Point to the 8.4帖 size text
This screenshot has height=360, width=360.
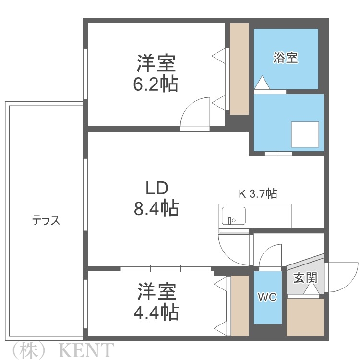156,209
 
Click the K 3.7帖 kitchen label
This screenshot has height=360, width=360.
258,193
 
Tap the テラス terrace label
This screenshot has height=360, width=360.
46,220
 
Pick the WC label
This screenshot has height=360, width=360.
267,297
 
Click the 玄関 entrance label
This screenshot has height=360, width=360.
305,278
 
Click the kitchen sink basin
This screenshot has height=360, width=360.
232,216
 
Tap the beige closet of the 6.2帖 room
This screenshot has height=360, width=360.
239,69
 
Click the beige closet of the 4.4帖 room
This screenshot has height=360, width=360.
240,306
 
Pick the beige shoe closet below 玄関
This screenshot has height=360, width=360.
305,317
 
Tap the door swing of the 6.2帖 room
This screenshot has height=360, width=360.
196,113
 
